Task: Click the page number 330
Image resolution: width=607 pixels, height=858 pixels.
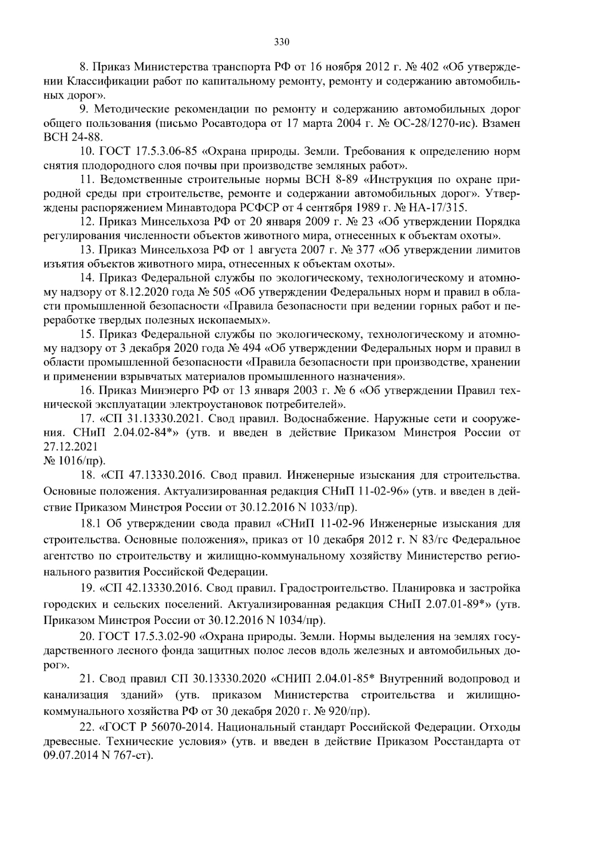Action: point(281,42)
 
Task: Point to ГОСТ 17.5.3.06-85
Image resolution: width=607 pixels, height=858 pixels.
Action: point(143,151)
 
